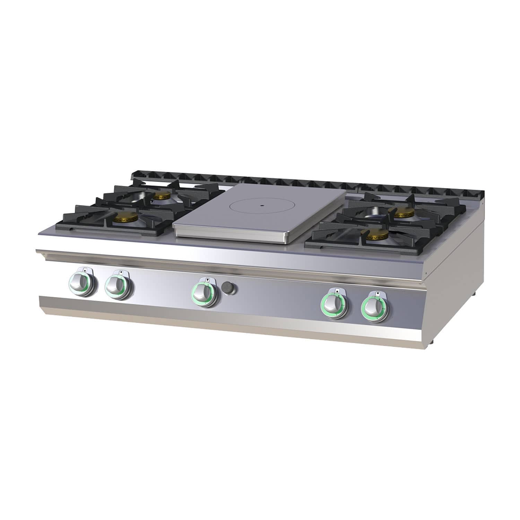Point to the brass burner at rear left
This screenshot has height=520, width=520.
162,196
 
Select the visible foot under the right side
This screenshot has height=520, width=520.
473,295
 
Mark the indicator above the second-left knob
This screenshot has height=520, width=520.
120,272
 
